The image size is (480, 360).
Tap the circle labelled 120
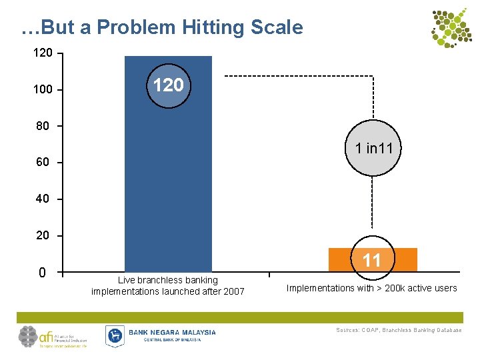169,85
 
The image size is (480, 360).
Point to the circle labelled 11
371,260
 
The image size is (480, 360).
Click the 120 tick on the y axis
43,53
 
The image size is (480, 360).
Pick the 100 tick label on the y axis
43,89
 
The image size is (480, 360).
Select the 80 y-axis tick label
43,126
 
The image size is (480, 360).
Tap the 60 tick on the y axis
43,163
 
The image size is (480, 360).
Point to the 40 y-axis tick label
43,199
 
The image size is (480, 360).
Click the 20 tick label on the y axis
43,236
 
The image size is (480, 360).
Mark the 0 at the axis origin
43,273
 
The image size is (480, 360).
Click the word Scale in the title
275,27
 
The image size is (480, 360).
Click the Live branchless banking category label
168,286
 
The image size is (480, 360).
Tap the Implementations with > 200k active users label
371,288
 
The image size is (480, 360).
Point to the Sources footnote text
399,330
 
